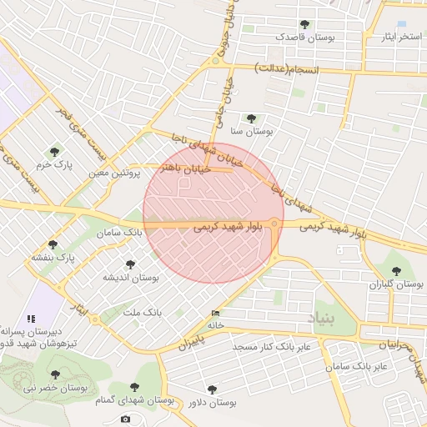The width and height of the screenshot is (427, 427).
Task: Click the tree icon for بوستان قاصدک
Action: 304,24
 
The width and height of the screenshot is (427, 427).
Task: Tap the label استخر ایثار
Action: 400,37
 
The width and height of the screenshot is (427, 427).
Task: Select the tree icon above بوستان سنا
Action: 251,118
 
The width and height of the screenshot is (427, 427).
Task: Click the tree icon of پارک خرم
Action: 55,151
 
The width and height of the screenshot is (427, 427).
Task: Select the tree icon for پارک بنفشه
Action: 53,244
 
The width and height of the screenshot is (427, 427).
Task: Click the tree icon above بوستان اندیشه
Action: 129,264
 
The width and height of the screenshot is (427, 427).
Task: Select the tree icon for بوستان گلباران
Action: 396,270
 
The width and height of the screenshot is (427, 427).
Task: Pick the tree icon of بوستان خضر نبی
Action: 55,374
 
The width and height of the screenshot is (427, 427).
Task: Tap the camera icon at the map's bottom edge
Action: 125,419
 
